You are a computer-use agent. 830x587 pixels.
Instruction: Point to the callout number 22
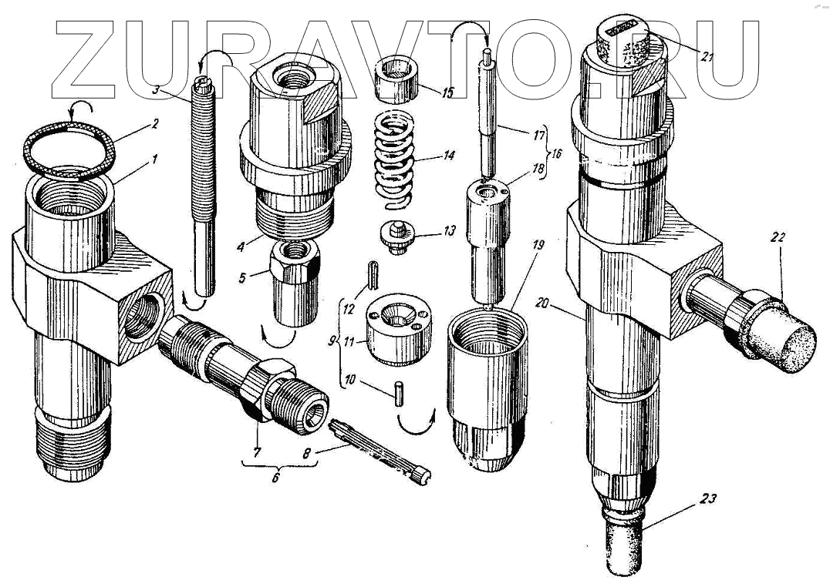(777, 239)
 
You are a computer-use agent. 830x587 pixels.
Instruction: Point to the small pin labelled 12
(373, 274)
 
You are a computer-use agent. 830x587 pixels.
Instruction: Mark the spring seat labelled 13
(396, 234)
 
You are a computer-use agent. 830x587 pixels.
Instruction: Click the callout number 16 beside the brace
(554, 154)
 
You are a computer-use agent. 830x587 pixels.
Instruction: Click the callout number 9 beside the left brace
(332, 338)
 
